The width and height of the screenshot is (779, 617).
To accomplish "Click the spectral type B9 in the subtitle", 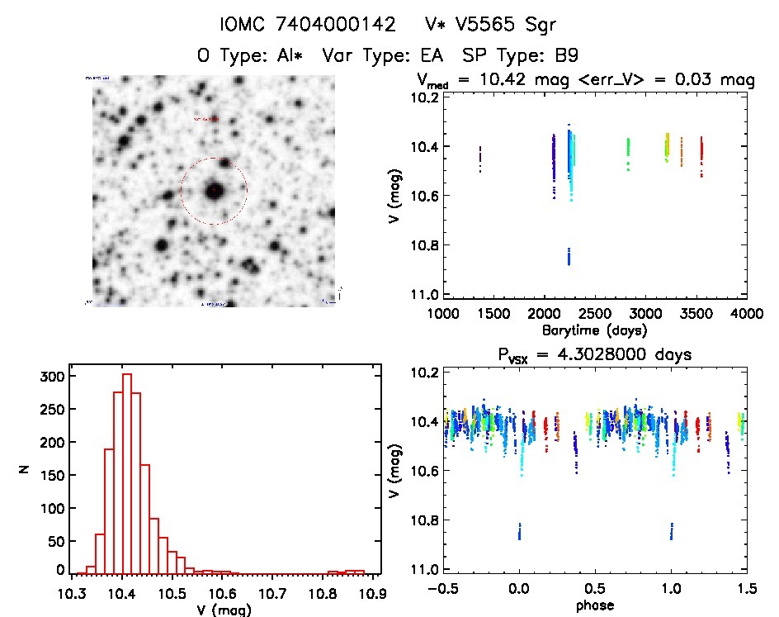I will tap(565, 55).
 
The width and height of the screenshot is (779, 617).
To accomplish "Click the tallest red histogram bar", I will tap(127, 473).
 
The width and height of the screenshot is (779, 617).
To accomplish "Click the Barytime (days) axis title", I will tap(594, 330).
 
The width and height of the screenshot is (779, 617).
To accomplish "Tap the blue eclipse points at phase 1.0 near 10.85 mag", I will tap(672, 530).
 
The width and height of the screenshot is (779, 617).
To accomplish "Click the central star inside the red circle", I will tap(214, 191).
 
